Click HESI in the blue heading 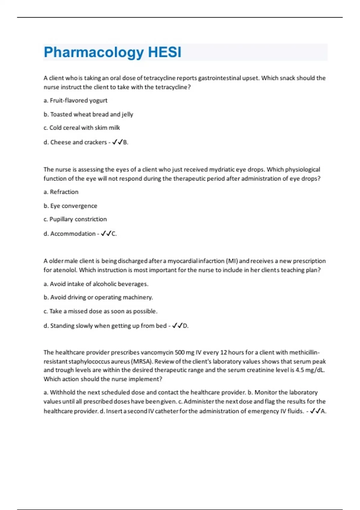[x=165, y=52]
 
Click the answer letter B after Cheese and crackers [x=125, y=142]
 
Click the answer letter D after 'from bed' [x=185, y=326]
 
